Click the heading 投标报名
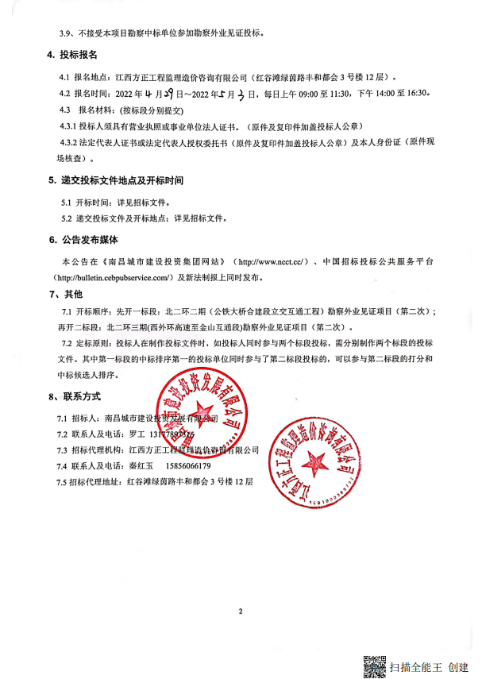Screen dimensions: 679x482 click(x=79, y=55)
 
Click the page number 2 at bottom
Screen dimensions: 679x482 click(x=239, y=611)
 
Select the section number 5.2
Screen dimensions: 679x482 click(x=67, y=218)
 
